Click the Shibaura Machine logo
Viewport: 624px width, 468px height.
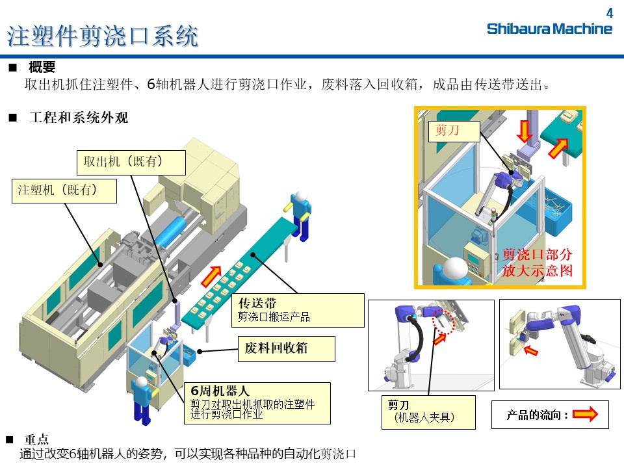[549, 29]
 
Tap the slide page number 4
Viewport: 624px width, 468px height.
[609, 12]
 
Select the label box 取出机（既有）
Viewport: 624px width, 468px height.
[131, 162]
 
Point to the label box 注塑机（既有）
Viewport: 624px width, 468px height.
[64, 191]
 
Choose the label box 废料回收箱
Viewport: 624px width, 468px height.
[286, 348]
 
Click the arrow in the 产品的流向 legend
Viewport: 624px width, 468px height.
[584, 415]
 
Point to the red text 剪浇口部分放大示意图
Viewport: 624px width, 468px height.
[538, 262]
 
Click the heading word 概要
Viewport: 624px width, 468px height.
[42, 67]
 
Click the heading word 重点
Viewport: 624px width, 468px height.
[36, 439]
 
